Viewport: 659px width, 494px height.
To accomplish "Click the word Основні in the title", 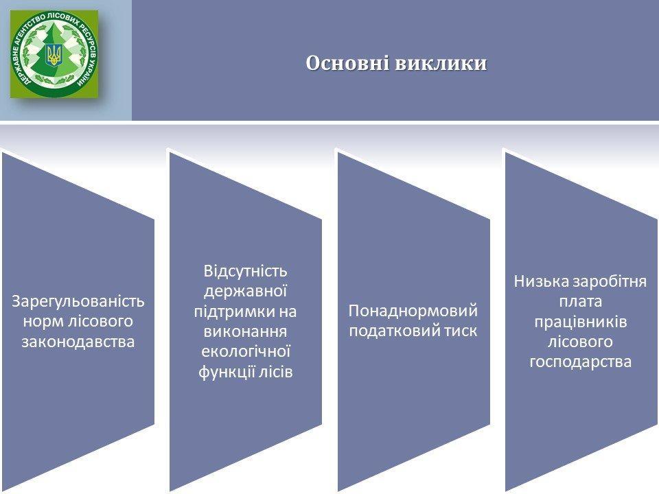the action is [x=347, y=63].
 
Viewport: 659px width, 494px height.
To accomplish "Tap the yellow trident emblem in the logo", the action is [x=54, y=54].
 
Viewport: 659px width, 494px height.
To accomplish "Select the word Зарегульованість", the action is [x=78, y=301].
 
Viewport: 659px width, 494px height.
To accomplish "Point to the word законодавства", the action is [x=78, y=342].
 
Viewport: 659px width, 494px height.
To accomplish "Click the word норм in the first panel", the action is [x=43, y=322].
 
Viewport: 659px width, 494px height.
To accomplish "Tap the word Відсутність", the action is [x=246, y=271].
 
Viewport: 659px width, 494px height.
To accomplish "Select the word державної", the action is [x=246, y=291].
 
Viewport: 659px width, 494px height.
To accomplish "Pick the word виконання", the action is [x=246, y=331].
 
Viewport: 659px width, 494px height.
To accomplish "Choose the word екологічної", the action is [x=246, y=351].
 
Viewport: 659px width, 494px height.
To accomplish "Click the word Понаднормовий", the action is [x=413, y=311].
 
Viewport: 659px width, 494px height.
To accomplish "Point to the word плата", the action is [x=581, y=301].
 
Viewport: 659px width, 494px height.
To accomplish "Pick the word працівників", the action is [x=581, y=321].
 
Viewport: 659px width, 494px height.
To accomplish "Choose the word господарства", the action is [x=581, y=362].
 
